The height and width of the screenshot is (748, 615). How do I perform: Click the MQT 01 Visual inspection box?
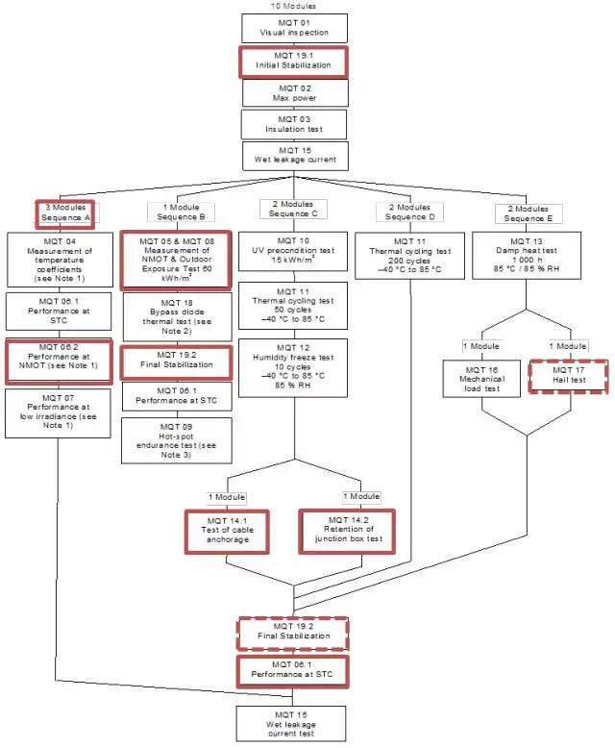293,27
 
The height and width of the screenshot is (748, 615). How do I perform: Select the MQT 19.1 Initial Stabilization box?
293,60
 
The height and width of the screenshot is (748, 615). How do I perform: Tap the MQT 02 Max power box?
293,91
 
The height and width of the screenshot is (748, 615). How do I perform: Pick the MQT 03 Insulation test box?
293,123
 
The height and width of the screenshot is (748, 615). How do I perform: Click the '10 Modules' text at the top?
293,6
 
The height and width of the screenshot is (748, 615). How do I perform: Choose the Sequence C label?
292,212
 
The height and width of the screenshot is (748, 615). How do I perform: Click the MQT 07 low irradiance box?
60,411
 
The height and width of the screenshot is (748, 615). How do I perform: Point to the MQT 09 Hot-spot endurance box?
177,439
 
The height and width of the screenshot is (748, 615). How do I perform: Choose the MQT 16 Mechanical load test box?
480,378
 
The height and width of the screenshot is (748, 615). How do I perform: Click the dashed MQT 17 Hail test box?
571,374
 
